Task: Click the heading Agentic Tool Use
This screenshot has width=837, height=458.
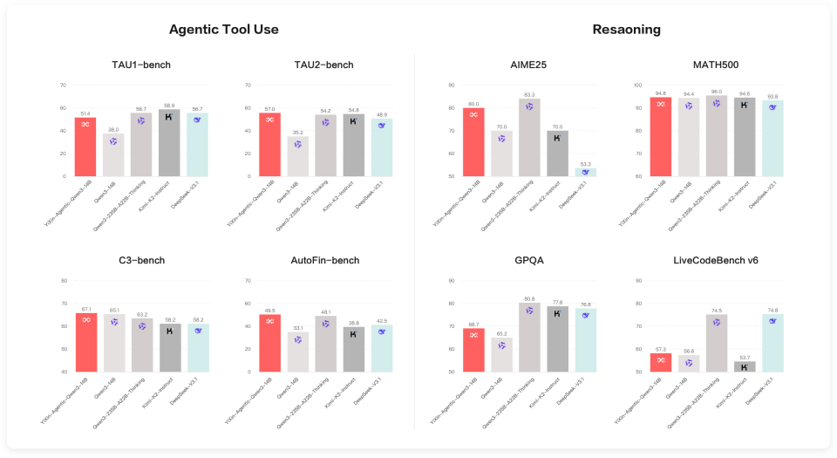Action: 224,30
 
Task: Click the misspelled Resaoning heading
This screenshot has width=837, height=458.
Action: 626,30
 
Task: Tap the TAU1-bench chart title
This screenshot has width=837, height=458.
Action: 141,65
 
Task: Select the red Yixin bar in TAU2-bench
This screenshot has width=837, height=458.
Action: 270,144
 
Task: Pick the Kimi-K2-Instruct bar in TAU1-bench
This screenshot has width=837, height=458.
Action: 169,144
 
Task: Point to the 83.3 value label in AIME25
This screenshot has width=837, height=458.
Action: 529,94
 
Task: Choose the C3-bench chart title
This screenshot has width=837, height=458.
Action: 141,260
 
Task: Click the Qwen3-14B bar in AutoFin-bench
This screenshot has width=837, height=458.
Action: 298,352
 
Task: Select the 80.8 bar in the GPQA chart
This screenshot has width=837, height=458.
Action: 529,337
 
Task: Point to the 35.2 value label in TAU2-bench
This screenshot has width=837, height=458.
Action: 298,132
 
